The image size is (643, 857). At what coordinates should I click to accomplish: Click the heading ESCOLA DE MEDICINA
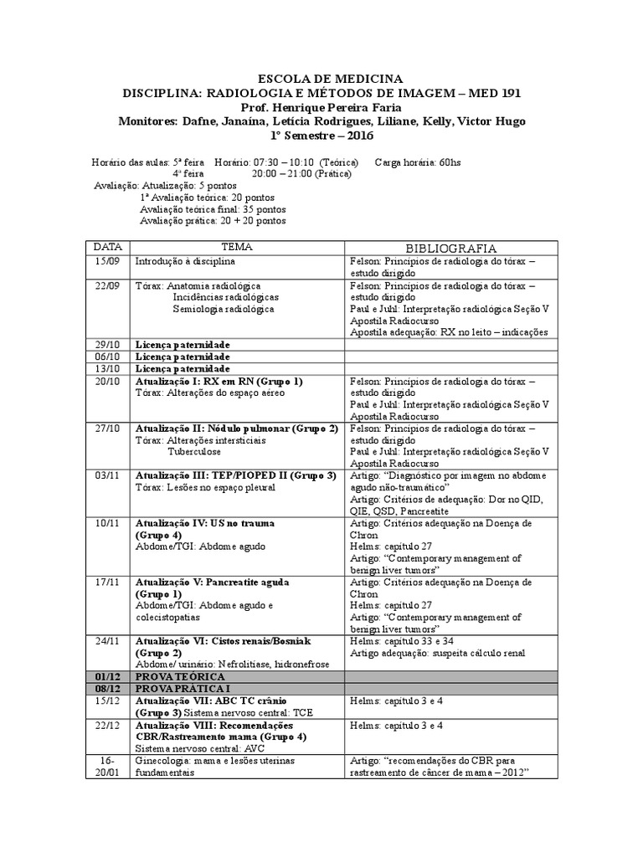pos(321,79)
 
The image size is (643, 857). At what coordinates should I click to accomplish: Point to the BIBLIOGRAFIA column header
pos(451,249)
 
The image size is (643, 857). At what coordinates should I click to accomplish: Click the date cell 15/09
pos(106,261)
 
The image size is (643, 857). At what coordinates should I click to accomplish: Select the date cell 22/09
pos(106,286)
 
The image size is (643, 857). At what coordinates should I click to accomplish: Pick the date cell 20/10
pos(106,382)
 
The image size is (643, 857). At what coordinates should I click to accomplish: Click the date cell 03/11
pos(106,475)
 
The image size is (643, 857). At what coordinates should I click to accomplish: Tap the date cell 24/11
pos(106,640)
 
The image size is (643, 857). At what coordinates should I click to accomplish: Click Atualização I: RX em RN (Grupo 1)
pos(219,382)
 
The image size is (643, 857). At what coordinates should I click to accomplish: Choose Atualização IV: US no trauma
pos(205,523)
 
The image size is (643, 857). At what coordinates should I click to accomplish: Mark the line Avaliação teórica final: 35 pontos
pos(213,208)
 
